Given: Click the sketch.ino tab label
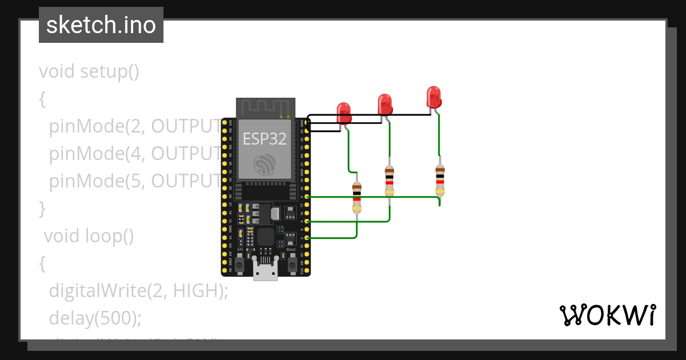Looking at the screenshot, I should (x=101, y=25).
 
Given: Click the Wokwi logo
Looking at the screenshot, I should (x=607, y=315).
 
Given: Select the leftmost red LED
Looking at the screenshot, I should (x=344, y=113).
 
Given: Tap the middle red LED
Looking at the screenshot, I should (x=385, y=105).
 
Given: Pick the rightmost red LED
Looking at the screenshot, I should (x=434, y=97).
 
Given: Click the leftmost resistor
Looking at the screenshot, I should (x=357, y=197).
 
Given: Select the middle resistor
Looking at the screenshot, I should (x=389, y=181).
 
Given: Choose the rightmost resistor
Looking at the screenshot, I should (x=440, y=180).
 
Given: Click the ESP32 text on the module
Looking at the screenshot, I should (x=265, y=139).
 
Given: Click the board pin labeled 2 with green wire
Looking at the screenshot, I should (x=308, y=238).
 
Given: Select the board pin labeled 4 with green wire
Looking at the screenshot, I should (x=308, y=221).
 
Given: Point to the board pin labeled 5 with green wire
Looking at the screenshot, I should (x=308, y=197).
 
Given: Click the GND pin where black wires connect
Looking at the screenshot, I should (x=308, y=122).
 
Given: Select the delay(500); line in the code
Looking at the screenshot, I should (x=95, y=317).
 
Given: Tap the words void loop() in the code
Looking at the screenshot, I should (x=89, y=235).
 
